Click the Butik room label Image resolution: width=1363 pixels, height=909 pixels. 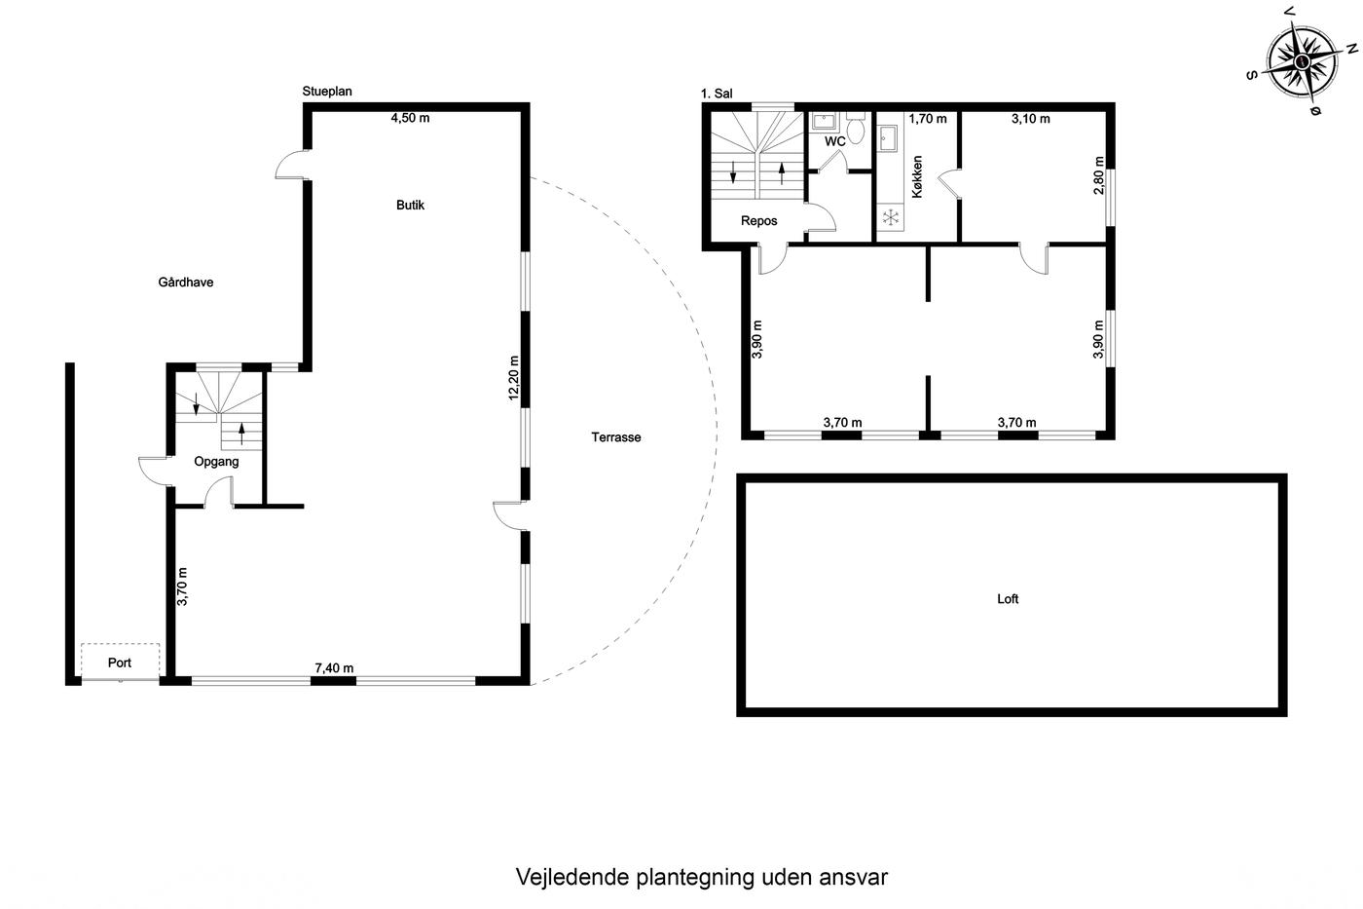click(410, 206)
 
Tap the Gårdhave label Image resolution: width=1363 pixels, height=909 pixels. click(186, 282)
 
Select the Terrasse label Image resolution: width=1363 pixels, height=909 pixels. click(615, 437)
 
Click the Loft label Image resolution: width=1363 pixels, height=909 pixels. click(1008, 599)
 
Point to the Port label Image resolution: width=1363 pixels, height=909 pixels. click(119, 663)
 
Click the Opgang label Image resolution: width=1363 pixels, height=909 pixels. click(216, 462)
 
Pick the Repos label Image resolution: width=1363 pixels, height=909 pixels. click(758, 221)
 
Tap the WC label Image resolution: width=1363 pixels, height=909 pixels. click(835, 141)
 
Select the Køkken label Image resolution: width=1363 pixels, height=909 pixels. click(917, 176)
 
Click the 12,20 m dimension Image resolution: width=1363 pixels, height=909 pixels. click(514, 378)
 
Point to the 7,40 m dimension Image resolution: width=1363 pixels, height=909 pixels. click(334, 668)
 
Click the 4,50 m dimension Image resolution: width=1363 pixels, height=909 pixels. click(410, 118)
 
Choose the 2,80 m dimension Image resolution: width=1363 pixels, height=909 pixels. click(1098, 175)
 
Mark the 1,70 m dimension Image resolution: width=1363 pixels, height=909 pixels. click(928, 119)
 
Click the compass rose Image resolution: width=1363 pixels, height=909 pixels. click(1303, 61)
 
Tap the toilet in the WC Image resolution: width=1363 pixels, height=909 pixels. click(856, 129)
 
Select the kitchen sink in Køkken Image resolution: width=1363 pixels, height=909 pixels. click(888, 138)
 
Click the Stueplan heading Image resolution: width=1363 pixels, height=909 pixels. click(327, 92)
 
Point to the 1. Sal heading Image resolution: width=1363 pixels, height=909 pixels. click(717, 94)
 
